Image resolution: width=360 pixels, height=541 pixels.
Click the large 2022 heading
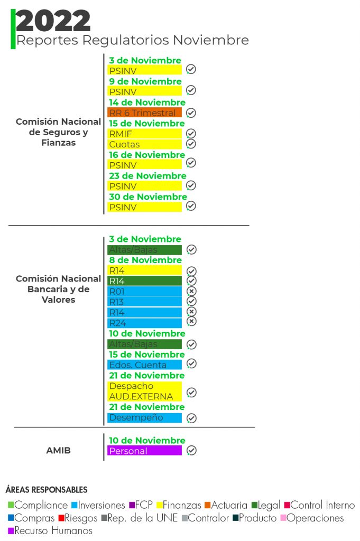click(x=53, y=21)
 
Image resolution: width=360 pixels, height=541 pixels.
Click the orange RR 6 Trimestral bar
click(x=144, y=113)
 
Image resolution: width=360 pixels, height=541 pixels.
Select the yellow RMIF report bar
click(x=144, y=134)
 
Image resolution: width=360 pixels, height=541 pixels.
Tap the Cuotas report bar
click(x=144, y=144)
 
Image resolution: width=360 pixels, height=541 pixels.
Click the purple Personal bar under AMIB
click(x=144, y=451)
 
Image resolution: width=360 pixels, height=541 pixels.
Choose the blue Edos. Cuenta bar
click(x=144, y=365)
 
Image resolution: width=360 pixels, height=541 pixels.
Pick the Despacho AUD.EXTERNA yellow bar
click(x=144, y=391)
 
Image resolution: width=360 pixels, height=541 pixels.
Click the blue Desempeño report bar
click(x=144, y=417)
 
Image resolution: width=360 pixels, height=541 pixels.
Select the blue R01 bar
click(x=144, y=291)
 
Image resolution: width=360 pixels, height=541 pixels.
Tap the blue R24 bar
click(x=144, y=323)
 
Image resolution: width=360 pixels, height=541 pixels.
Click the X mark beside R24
click(x=192, y=321)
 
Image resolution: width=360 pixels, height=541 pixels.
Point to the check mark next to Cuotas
click(x=191, y=144)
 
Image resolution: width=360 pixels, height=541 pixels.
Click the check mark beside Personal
click(x=192, y=450)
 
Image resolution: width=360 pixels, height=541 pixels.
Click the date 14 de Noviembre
click(x=147, y=102)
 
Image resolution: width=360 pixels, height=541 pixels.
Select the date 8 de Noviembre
click(x=145, y=260)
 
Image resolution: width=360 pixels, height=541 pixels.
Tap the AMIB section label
click(x=58, y=451)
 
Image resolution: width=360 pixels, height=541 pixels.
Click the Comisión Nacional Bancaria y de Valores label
click(x=58, y=289)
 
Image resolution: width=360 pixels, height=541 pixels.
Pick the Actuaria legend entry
click(x=226, y=506)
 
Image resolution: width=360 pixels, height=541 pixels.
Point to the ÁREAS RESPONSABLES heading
click(x=47, y=490)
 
